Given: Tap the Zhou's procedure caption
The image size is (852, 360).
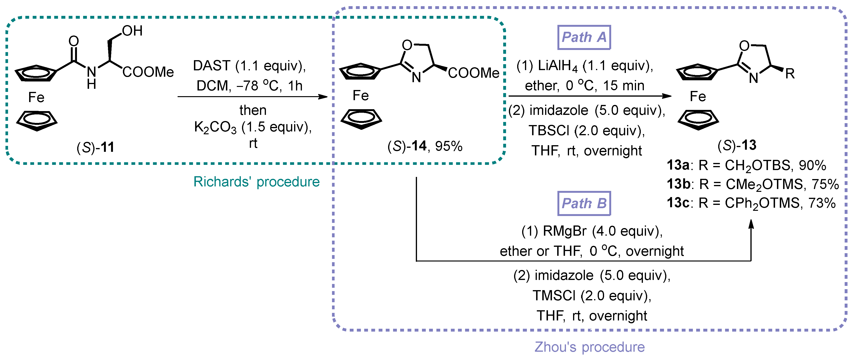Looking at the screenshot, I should (589, 347).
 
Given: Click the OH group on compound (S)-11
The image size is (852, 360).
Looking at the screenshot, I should (132, 31).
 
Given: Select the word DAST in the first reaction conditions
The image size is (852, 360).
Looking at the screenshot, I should (211, 66).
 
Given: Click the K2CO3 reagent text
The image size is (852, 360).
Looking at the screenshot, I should (215, 127).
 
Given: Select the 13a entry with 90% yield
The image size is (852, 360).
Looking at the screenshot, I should (746, 165).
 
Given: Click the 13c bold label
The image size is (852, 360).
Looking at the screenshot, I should (678, 202).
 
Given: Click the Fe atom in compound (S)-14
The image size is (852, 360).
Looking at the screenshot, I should (360, 96).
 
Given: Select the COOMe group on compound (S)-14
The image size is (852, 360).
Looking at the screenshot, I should (473, 73).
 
